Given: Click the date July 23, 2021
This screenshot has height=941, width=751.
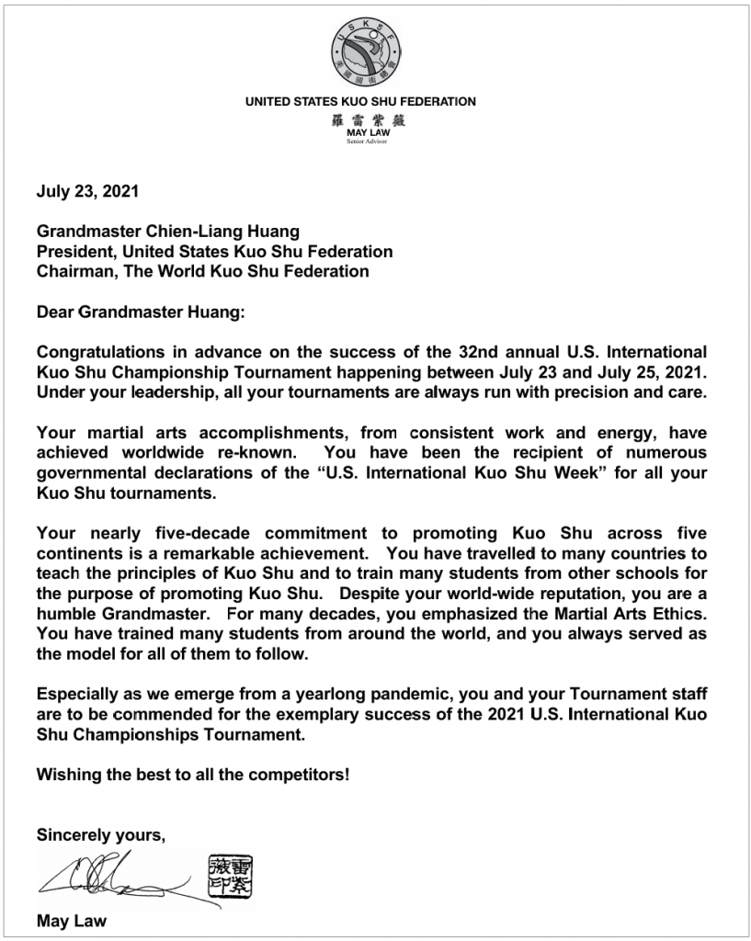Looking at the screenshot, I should (87, 193).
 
